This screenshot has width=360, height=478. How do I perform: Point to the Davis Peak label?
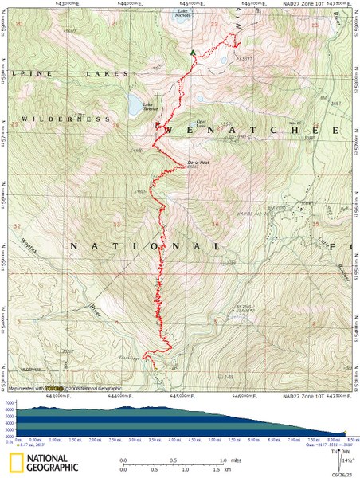coord(198,162)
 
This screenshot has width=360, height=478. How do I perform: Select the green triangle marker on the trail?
coord(192,53)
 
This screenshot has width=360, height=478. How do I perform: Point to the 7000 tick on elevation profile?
coord(9,403)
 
